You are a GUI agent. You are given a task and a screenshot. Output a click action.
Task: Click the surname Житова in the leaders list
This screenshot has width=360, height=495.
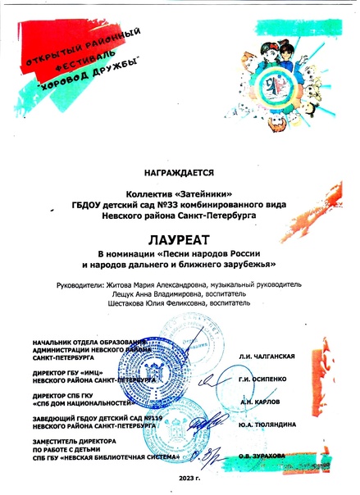[x=115, y=284]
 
